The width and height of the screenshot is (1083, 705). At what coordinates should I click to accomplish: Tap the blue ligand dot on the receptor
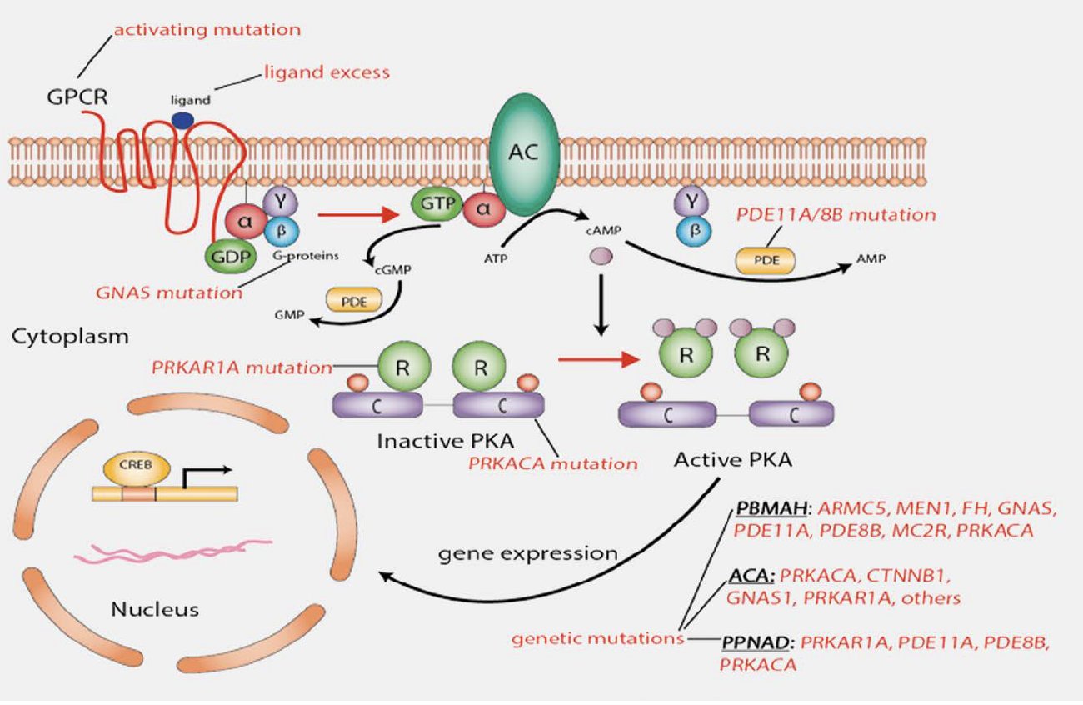[x=184, y=120]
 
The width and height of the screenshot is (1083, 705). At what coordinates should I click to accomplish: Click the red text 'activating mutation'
[x=207, y=30]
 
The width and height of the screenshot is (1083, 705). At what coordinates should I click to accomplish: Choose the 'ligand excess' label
[x=326, y=72]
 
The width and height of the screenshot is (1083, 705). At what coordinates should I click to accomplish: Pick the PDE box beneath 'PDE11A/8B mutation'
[x=765, y=260]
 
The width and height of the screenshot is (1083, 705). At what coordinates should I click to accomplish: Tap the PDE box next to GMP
[x=354, y=300]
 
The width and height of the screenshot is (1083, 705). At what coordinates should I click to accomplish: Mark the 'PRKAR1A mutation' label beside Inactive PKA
[x=241, y=366]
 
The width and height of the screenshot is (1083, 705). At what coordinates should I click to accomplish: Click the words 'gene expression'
[x=530, y=553]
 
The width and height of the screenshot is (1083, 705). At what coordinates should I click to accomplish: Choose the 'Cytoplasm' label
[x=70, y=337]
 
